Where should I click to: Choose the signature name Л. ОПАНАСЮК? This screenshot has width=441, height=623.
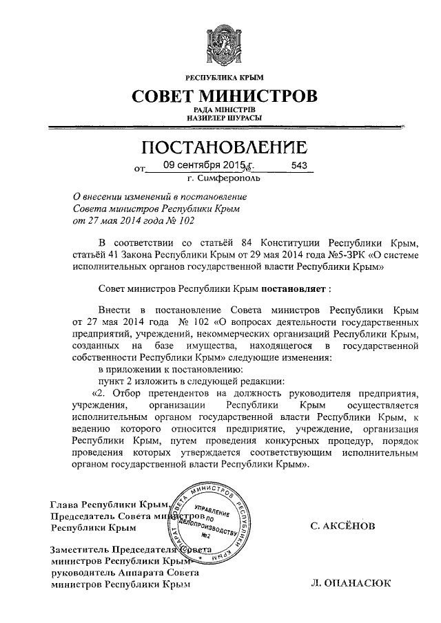pyautogui.click(x=351, y=584)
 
